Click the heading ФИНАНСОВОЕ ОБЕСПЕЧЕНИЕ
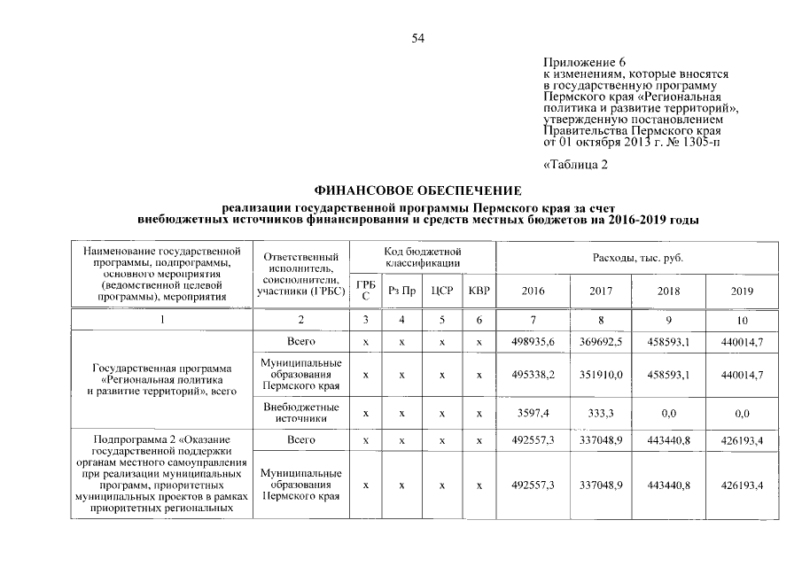pyautogui.click(x=419, y=190)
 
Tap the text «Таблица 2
pyautogui.click(x=574, y=164)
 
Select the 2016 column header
pyautogui.click(x=533, y=291)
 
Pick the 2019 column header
pyautogui.click(x=742, y=291)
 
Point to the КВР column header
pyautogui.click(x=479, y=291)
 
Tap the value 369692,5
pyautogui.click(x=601, y=341)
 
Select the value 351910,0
pyautogui.click(x=601, y=376)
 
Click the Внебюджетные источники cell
pyautogui.click(x=301, y=413)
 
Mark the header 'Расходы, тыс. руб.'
pyautogui.click(x=637, y=258)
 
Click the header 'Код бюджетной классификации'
pyautogui.click(x=423, y=258)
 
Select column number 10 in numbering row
pyautogui.click(x=742, y=320)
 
